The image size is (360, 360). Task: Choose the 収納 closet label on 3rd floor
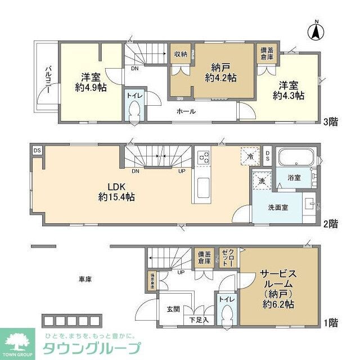(x=180, y=55)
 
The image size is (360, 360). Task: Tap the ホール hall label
(x=186, y=111)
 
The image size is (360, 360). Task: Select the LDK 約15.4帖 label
(x=116, y=191)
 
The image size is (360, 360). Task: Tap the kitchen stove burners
(x=203, y=156)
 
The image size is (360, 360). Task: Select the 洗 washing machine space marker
(x=261, y=181)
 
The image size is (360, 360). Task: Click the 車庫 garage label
(x=85, y=278)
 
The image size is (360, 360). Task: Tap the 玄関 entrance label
(x=173, y=309)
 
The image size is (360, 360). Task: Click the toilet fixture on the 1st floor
(x=227, y=310)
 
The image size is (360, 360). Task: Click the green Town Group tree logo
(x=16, y=342)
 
